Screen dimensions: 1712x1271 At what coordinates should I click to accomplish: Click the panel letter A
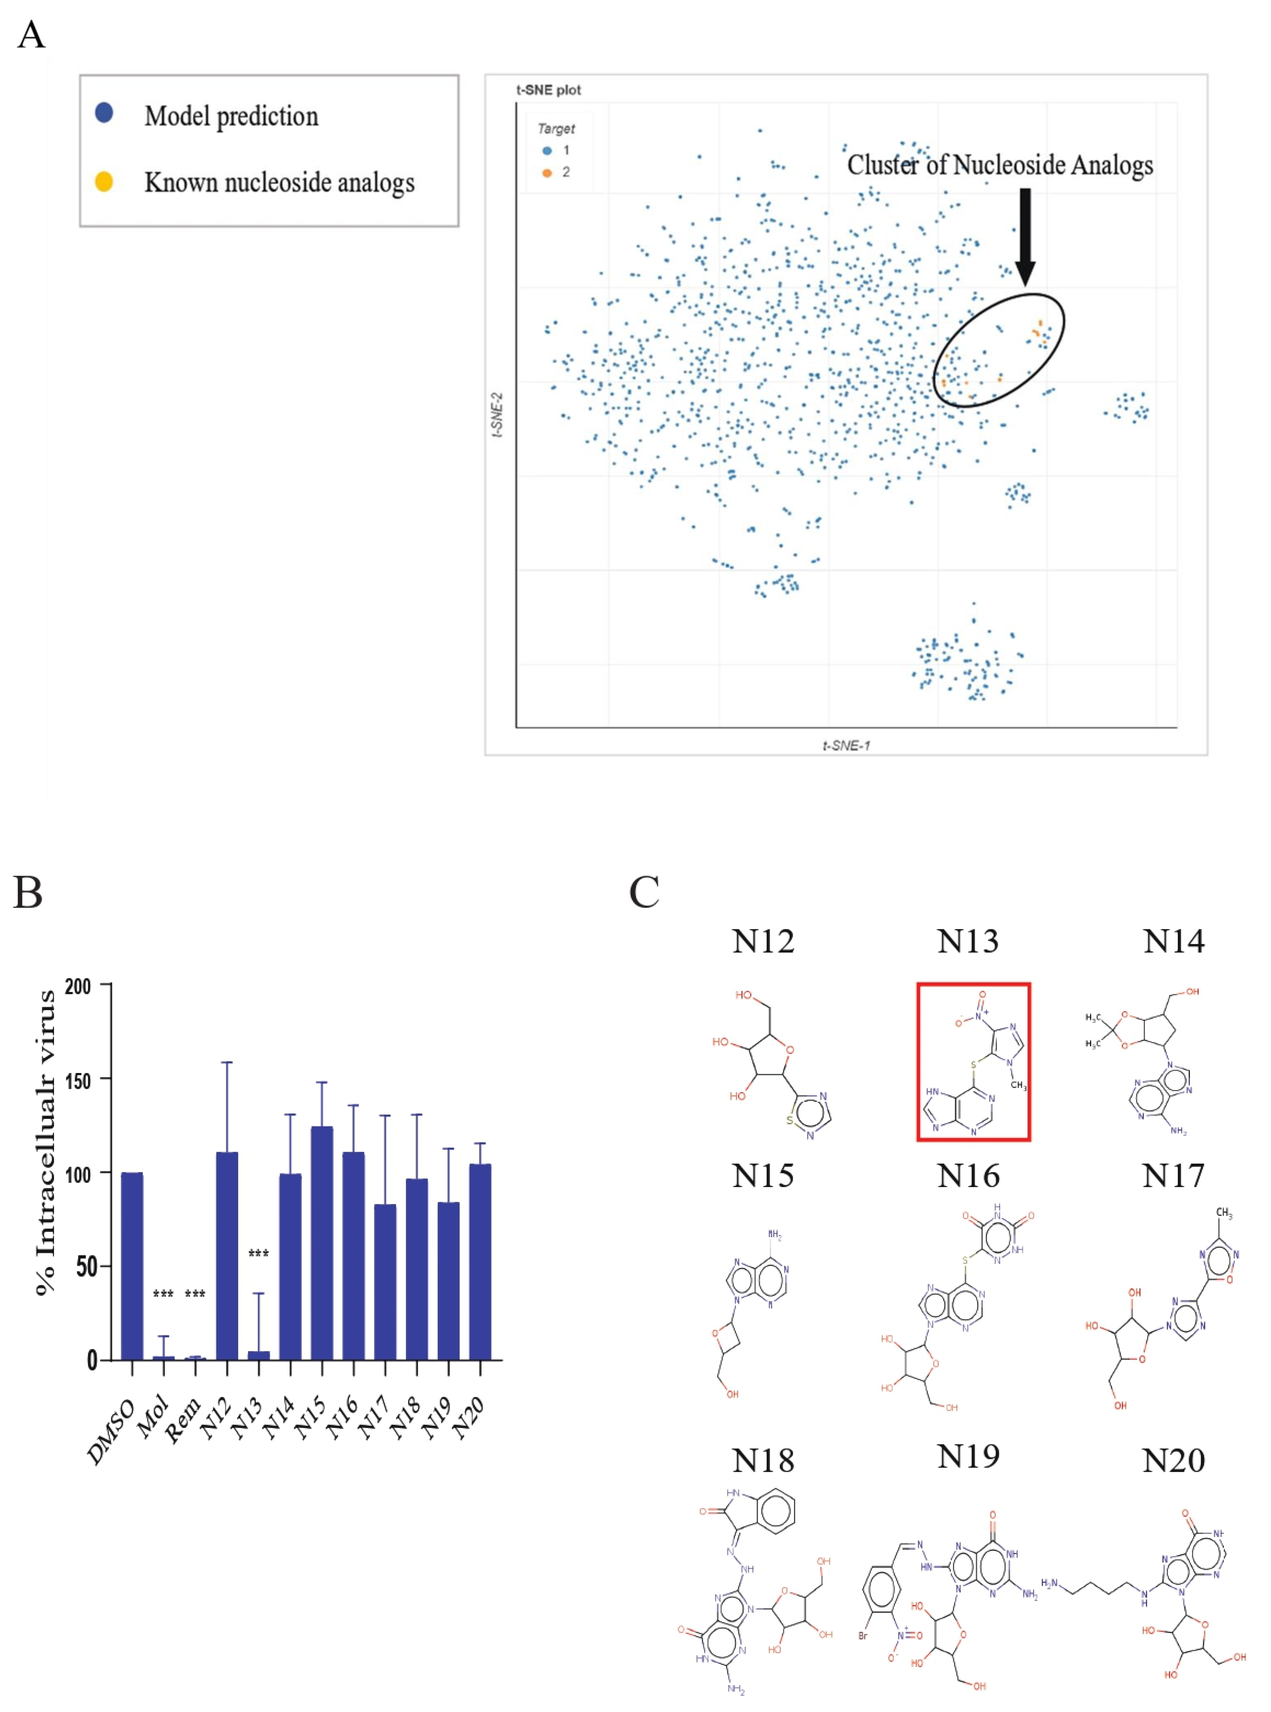click(x=31, y=35)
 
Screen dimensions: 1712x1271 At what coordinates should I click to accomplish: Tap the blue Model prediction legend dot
click(x=104, y=113)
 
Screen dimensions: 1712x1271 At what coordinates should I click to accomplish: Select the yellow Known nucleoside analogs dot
click(x=104, y=182)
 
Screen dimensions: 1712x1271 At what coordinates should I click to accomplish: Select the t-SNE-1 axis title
click(x=846, y=745)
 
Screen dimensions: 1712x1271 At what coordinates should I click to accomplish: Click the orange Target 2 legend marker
click(x=547, y=172)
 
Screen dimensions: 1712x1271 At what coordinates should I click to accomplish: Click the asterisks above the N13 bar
click(x=259, y=1254)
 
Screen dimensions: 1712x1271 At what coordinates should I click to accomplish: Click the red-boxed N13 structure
click(x=973, y=1062)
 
